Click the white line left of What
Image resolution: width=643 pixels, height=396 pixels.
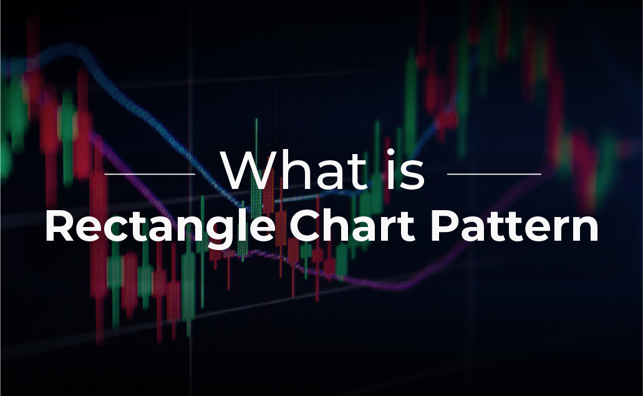[150, 174]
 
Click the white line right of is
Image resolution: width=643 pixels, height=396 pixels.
[494, 174]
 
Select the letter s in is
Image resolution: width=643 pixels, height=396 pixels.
[412, 175]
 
